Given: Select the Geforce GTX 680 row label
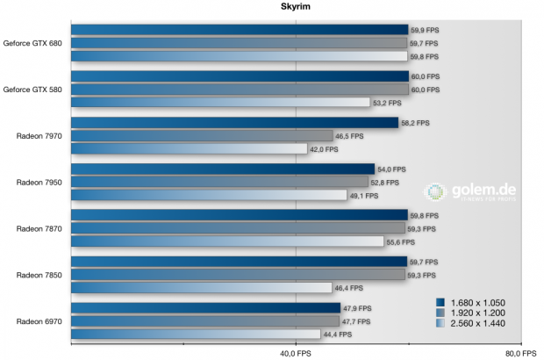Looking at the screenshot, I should (32, 42).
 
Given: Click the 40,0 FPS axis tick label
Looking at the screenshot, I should (296, 353).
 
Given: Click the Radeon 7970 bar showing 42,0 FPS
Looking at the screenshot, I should (189, 149).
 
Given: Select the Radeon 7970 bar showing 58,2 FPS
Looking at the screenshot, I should (234, 123).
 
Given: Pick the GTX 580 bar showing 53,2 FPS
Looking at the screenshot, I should (220, 103).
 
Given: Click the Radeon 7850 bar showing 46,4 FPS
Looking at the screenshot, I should (201, 288).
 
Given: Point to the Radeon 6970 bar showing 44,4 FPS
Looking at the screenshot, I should (196, 335).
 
